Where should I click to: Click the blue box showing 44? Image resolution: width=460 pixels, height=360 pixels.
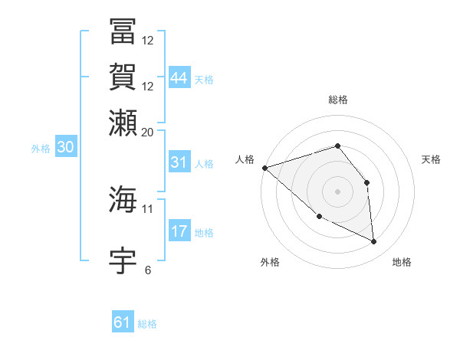click(x=179, y=77)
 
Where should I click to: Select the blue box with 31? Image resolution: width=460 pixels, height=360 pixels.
click(x=179, y=162)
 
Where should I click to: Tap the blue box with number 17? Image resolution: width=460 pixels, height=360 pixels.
click(x=179, y=231)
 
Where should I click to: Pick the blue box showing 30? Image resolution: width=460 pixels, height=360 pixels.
click(x=65, y=148)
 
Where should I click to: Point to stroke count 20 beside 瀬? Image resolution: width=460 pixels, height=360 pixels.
click(x=147, y=132)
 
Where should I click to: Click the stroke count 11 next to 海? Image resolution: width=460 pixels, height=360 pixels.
click(x=147, y=208)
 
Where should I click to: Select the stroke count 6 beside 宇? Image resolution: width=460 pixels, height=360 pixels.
click(x=148, y=270)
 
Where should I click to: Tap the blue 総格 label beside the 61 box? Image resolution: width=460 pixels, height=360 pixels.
click(x=147, y=324)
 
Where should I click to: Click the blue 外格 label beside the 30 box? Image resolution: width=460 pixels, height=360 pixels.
click(x=41, y=149)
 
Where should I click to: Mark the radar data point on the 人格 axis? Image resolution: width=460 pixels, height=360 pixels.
click(x=264, y=168)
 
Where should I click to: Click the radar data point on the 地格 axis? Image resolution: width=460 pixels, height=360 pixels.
click(x=374, y=241)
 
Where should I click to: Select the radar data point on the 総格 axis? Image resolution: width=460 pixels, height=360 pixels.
click(x=337, y=146)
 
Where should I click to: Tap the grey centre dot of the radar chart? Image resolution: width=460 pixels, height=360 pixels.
click(x=337, y=191)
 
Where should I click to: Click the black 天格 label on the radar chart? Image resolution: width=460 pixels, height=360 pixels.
click(x=431, y=159)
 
